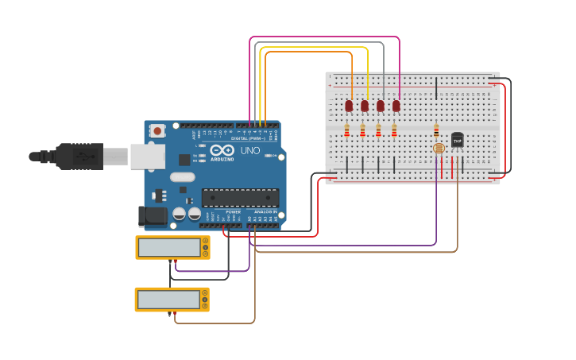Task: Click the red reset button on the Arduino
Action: [157, 130]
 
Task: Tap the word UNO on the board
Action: [250, 150]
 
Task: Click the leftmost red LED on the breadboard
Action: [349, 105]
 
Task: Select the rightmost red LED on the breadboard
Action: [396, 105]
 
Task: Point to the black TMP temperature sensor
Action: [457, 140]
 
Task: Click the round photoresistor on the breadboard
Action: [437, 148]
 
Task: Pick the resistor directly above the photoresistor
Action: [436, 130]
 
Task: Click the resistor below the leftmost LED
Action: [346, 130]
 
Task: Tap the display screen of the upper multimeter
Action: [169, 248]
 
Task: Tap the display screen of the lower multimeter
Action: [168, 300]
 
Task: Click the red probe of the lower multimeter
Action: [169, 315]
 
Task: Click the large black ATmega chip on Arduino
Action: [240, 198]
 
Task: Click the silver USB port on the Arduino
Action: [147, 157]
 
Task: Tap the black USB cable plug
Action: [79, 156]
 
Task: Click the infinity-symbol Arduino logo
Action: [222, 150]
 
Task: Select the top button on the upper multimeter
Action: [206, 241]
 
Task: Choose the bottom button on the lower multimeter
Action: [206, 307]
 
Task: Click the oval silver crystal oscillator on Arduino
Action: [182, 177]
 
